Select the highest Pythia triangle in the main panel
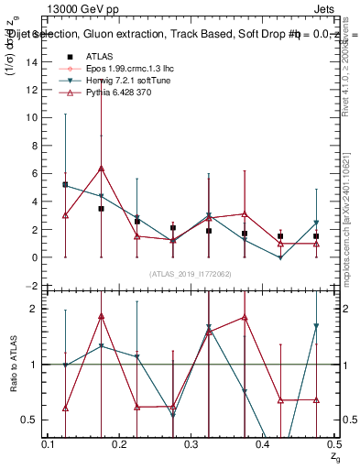point(101,169)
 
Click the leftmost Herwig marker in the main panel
point(65,184)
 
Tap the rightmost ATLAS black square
point(316,236)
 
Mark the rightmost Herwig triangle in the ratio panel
point(316,326)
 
